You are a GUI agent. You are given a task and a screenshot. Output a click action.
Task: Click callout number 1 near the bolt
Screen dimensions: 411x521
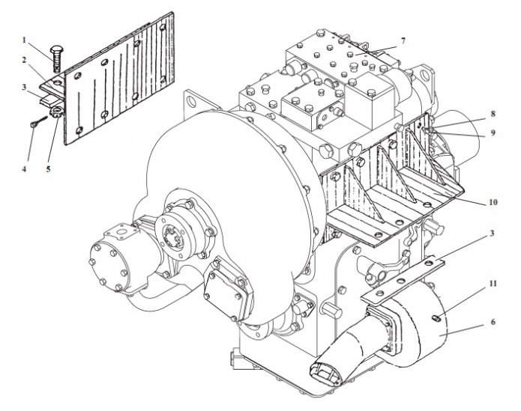[x=24, y=39]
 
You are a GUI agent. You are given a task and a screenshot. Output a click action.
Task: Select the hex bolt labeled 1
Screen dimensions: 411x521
[x=56, y=52]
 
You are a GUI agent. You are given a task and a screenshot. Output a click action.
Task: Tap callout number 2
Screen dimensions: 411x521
[x=24, y=60]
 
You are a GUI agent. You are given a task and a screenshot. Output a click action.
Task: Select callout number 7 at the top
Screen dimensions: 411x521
[x=403, y=40]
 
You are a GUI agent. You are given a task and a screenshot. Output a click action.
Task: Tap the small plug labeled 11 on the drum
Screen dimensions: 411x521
[x=436, y=318]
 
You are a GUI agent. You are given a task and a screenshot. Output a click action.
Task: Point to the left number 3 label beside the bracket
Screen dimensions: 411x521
[x=24, y=88]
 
